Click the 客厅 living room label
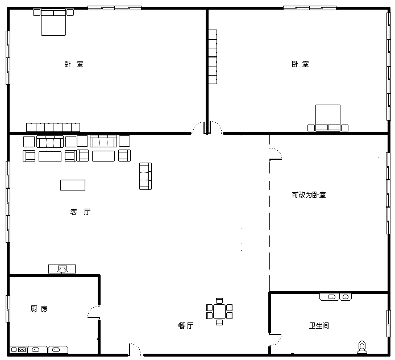(80, 212)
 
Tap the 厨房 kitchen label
(39, 309)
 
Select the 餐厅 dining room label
(186, 325)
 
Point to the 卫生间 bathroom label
(319, 325)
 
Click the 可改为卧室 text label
(309, 195)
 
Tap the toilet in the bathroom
(362, 347)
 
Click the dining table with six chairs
(219, 312)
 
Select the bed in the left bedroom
(53, 22)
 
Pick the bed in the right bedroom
(328, 118)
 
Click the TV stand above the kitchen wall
(62, 269)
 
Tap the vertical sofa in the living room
(145, 176)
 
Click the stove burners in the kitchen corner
(19, 350)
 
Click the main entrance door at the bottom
(135, 349)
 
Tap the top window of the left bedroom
(114, 8)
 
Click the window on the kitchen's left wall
(8, 309)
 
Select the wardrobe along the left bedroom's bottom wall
(53, 127)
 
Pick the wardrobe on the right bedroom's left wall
(213, 57)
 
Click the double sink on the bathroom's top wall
(336, 297)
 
